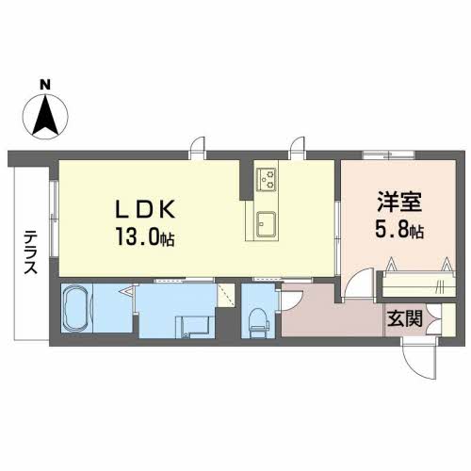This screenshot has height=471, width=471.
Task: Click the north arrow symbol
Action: click(x=44, y=116)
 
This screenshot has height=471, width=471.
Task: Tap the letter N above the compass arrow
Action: click(x=44, y=85)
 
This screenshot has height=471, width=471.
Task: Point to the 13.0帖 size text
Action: click(x=143, y=236)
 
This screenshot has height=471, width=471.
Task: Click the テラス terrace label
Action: click(x=29, y=252)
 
